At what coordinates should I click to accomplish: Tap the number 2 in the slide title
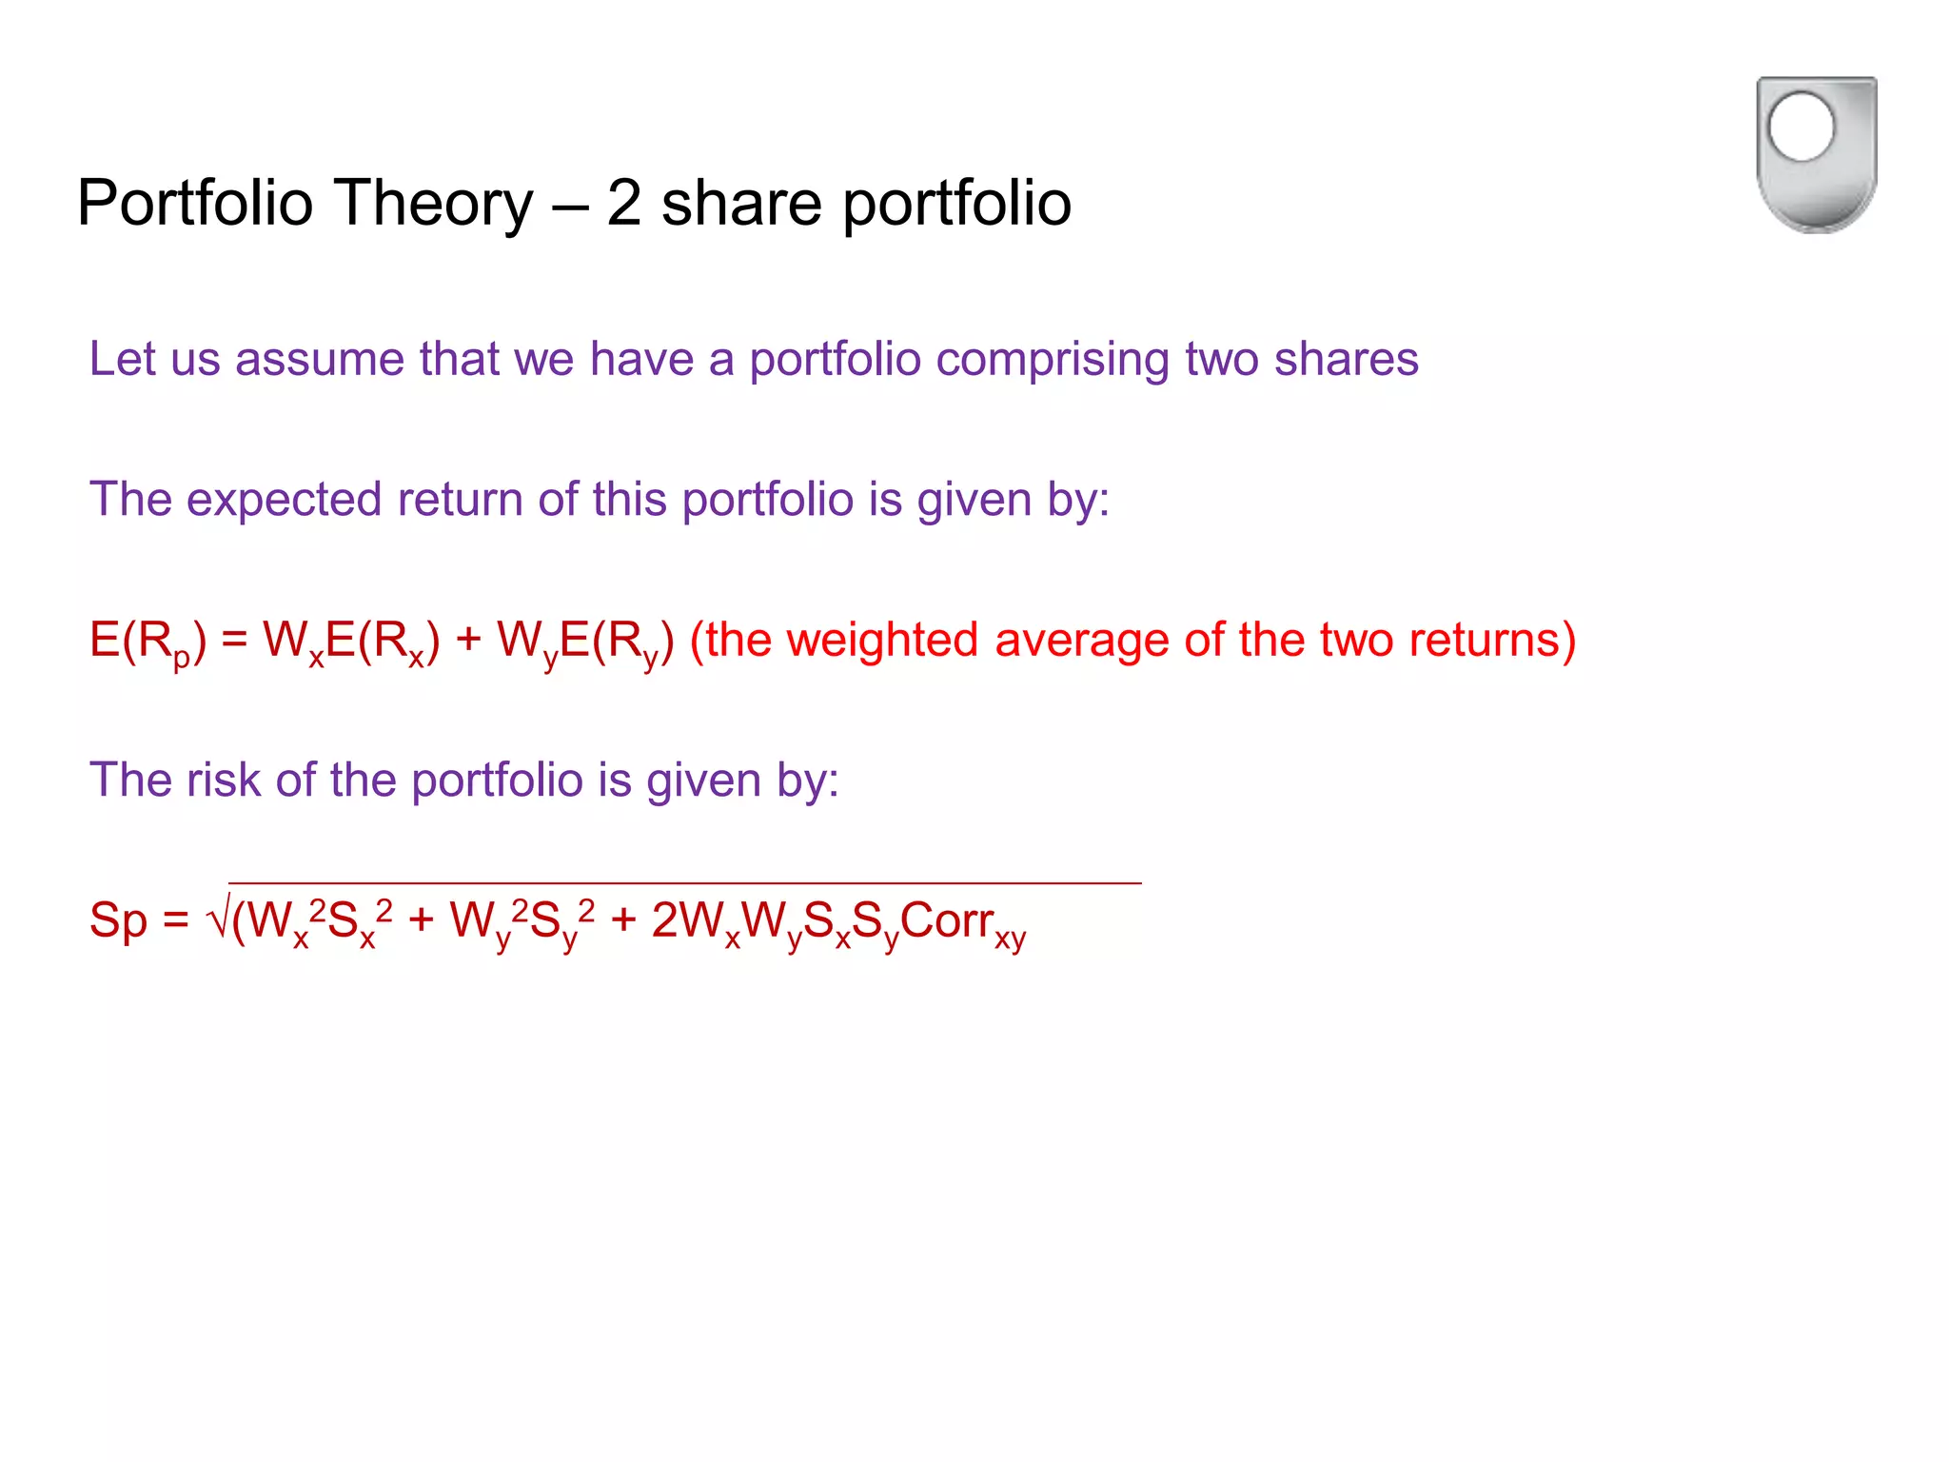pyautogui.click(x=623, y=203)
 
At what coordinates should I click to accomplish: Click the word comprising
pyautogui.click(x=1053, y=360)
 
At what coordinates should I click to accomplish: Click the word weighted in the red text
pyautogui.click(x=882, y=640)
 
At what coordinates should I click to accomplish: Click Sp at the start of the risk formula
pyautogui.click(x=118, y=921)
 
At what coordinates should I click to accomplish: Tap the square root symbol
pyautogui.click(x=217, y=919)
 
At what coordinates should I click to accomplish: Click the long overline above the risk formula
pyautogui.click(x=685, y=883)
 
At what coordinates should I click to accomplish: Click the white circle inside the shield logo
pyautogui.click(x=1801, y=128)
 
